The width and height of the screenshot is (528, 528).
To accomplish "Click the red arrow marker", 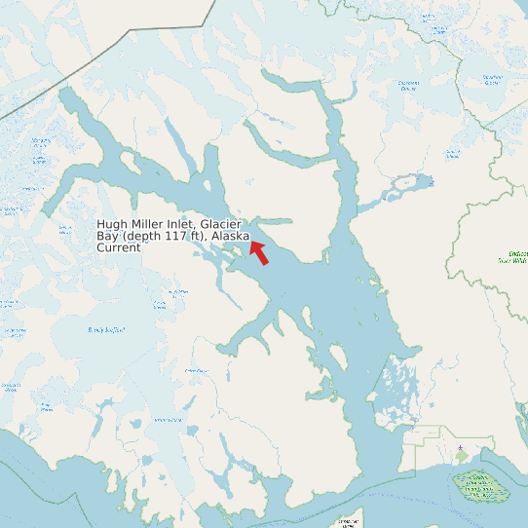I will [x=258, y=250].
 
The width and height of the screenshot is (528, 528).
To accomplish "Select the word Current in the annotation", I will [x=119, y=248].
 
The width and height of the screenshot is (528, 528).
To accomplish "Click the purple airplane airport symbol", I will [x=460, y=449].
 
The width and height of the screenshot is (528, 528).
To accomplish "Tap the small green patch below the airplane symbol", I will [x=461, y=457].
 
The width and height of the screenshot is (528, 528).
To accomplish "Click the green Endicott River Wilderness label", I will [x=512, y=256].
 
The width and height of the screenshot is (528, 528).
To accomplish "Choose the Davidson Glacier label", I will [x=493, y=81].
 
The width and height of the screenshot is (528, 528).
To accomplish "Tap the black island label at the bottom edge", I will [x=347, y=523].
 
